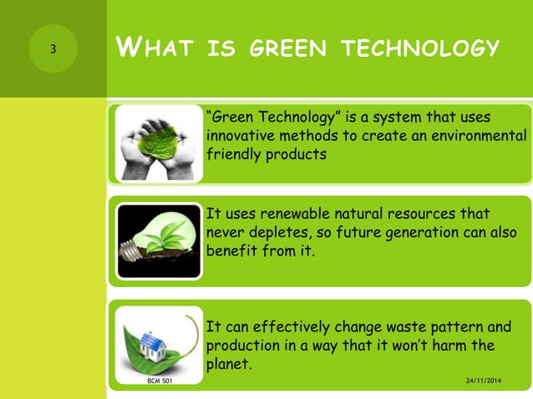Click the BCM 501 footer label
156,381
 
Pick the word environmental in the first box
480,135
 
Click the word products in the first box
292,154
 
